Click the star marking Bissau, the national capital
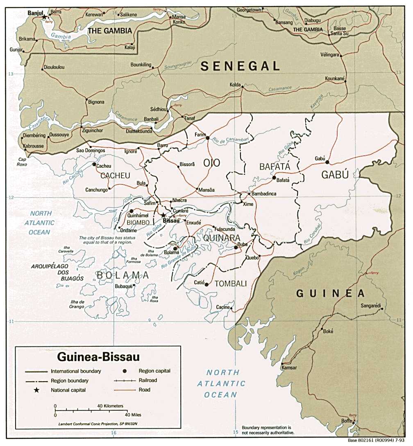[163, 215]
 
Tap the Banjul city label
[35, 13]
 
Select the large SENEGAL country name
[240, 66]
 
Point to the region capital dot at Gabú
[327, 162]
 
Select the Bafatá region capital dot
[274, 177]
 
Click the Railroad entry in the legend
[147, 380]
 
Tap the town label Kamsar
[289, 368]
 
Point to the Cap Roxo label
[22, 162]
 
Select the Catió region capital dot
[206, 284]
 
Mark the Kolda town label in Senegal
[235, 84]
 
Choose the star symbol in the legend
[36, 390]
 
